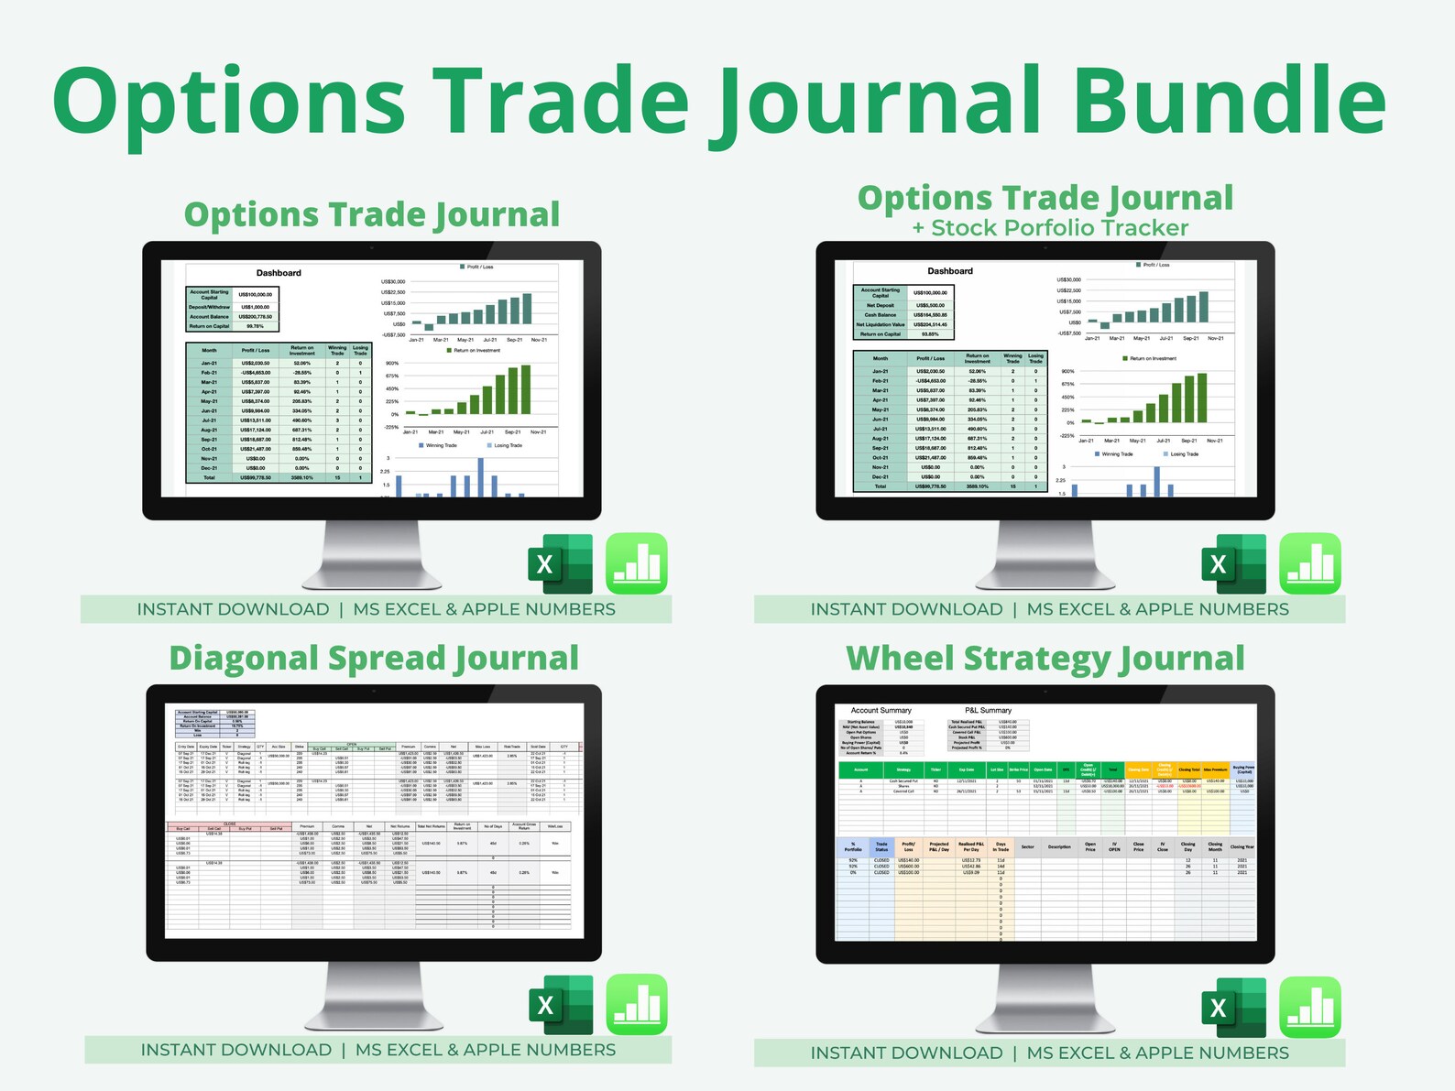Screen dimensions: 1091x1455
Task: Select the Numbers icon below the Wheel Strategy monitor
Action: pyautogui.click(x=1310, y=1007)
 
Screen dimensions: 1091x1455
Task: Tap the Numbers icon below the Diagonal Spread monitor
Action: pyautogui.click(x=637, y=1005)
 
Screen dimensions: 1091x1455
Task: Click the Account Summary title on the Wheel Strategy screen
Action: pyautogui.click(x=881, y=710)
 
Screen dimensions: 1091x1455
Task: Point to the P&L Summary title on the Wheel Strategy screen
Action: pyautogui.click(x=988, y=710)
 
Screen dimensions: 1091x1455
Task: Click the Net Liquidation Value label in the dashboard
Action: pyautogui.click(x=880, y=324)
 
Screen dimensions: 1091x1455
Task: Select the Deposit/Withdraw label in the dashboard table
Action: pyautogui.click(x=210, y=307)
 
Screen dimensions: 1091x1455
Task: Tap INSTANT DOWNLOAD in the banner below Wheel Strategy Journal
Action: pyautogui.click(x=906, y=1053)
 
